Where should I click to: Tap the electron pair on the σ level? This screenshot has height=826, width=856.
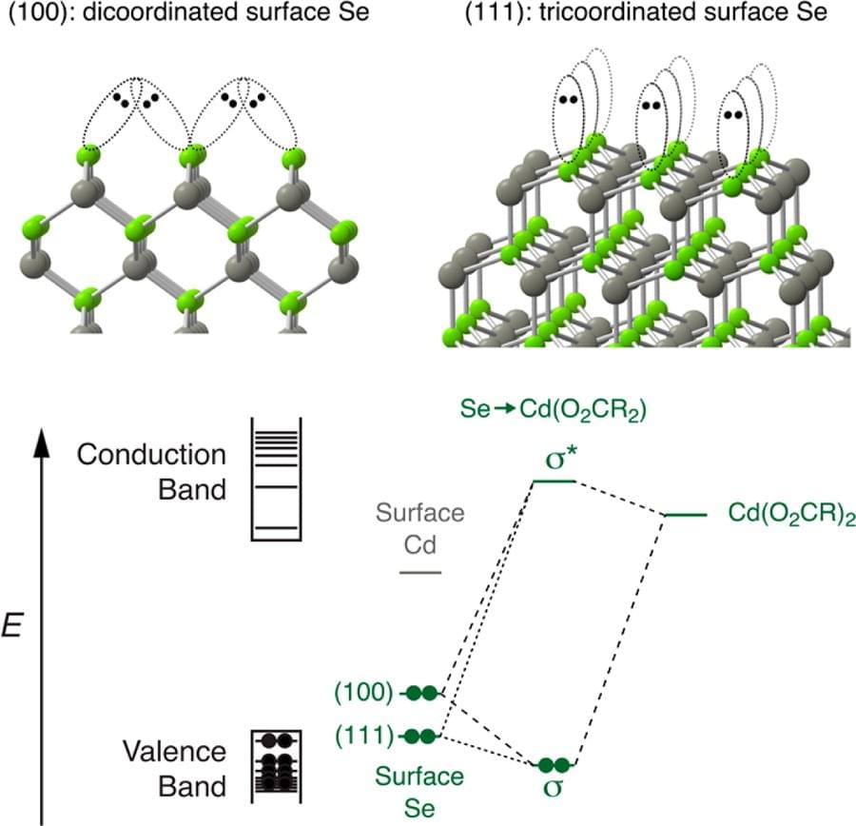tap(554, 764)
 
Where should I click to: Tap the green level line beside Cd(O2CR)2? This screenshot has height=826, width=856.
tap(685, 515)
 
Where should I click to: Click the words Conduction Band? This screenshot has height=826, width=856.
tap(152, 472)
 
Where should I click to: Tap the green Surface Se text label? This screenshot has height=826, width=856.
tap(419, 789)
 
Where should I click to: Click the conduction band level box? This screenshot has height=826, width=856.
tap(276, 478)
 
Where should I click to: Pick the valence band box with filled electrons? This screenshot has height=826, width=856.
tap(276, 761)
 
